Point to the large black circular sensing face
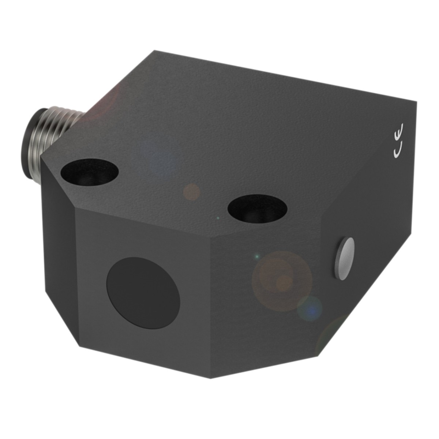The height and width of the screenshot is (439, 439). [x=143, y=289]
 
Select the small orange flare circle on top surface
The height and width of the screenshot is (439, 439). [x=191, y=192]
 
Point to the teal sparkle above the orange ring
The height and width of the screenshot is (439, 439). [x=257, y=255]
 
